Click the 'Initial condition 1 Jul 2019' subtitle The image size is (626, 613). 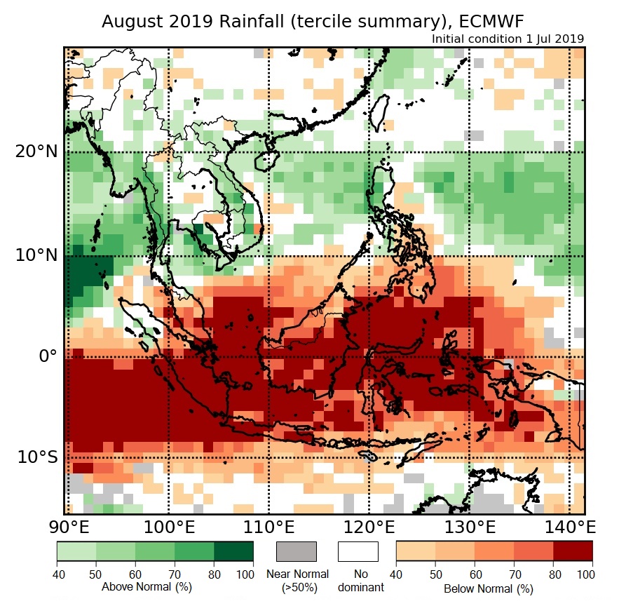[508, 39]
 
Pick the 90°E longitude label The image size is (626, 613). [67, 527]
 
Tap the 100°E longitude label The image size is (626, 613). [168, 527]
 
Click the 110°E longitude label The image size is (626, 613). [269, 527]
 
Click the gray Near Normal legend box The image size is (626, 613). [297, 551]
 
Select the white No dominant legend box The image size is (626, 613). [358, 551]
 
